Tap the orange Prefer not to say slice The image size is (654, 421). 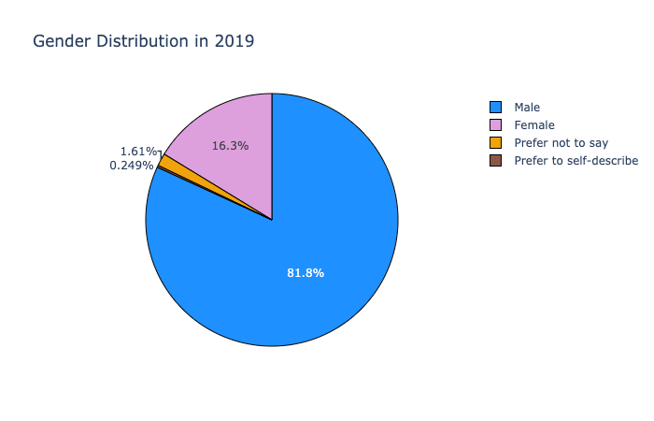166,162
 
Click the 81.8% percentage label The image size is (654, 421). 306,272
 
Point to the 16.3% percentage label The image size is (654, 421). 230,146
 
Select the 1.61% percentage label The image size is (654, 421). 137,151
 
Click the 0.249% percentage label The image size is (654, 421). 131,166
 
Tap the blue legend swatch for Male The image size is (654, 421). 495,107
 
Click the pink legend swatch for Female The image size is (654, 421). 495,124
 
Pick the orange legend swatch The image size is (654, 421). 495,142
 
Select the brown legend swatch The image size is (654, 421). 495,160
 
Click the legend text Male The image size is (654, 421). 527,107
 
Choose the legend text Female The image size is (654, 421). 534,124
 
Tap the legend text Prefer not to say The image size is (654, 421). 561,142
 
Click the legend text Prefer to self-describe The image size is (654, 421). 576,160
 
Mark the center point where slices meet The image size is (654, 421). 272,220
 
